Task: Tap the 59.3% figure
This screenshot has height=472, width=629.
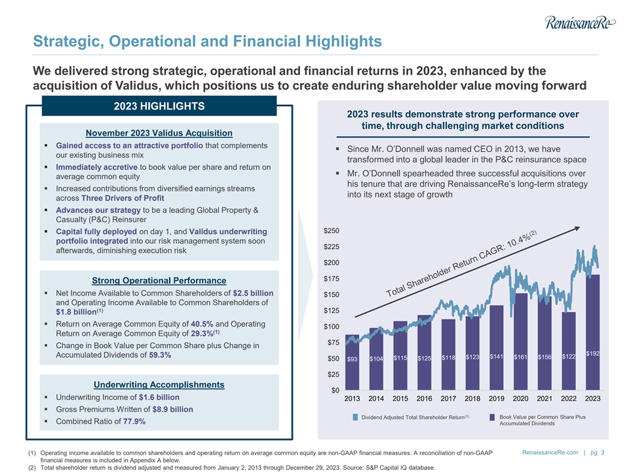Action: (161, 355)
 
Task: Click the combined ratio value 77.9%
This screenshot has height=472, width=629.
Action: (132, 421)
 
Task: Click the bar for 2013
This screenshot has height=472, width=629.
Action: (353, 364)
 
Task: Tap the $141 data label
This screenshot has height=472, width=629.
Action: (496, 357)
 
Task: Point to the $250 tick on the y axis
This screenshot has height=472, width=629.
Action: (332, 231)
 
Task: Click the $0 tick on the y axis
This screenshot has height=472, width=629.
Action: (335, 391)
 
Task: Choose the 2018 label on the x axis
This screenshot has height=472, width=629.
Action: (472, 399)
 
